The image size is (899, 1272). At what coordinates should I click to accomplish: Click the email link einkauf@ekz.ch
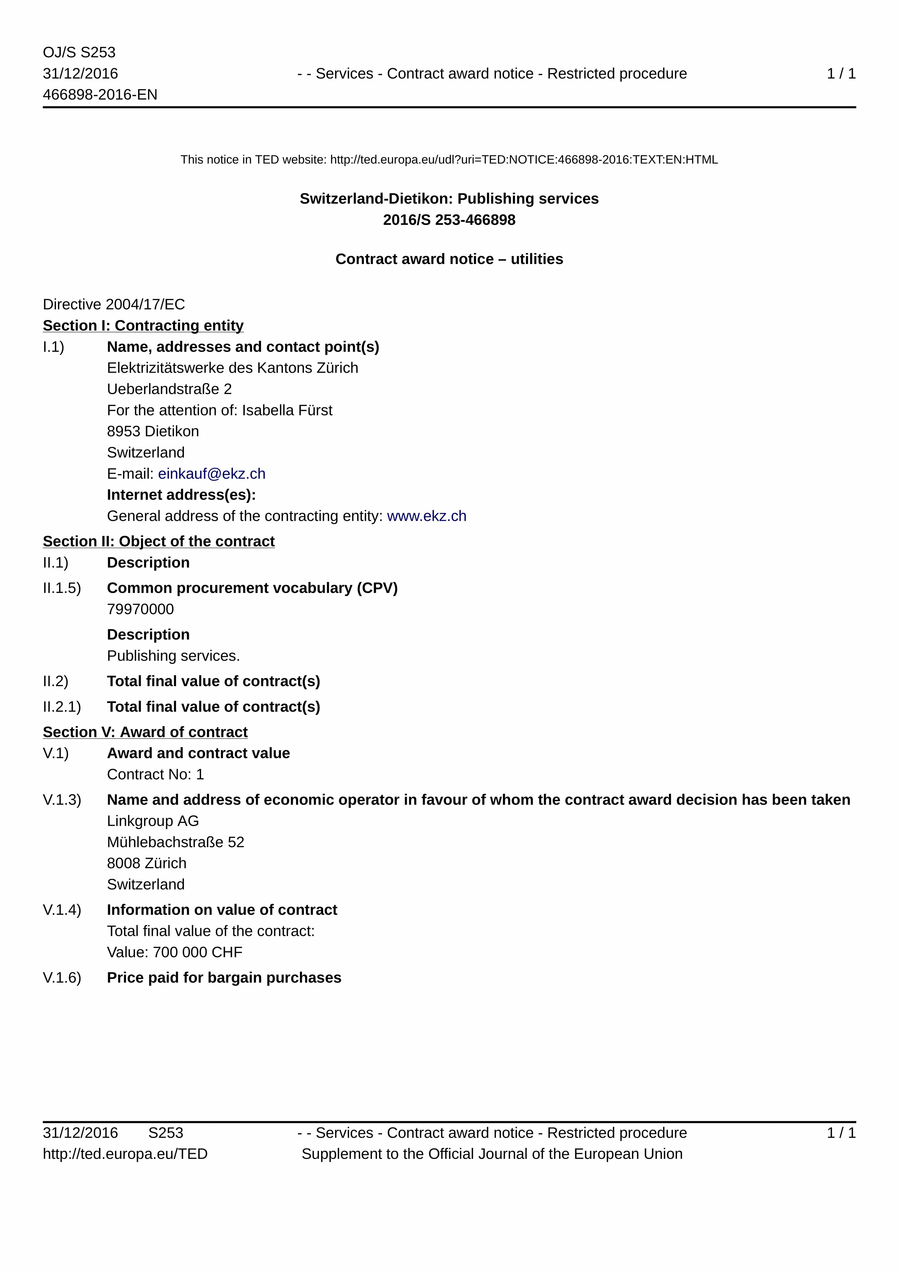pyautogui.click(x=212, y=474)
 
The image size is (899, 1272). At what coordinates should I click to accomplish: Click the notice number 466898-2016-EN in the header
pyautogui.click(x=100, y=95)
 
